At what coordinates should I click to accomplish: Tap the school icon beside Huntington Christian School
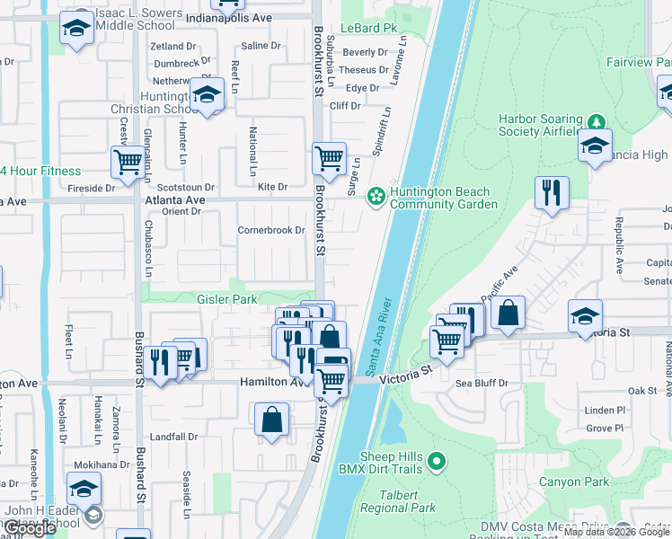point(208,94)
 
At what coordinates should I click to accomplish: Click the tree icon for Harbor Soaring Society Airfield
point(596,120)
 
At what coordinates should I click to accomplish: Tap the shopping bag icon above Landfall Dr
point(271,420)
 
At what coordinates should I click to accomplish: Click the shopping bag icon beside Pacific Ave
point(508,313)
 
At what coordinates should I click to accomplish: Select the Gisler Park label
point(227,299)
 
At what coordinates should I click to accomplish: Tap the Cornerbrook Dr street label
point(271,230)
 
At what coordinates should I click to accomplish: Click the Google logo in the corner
point(31,528)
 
